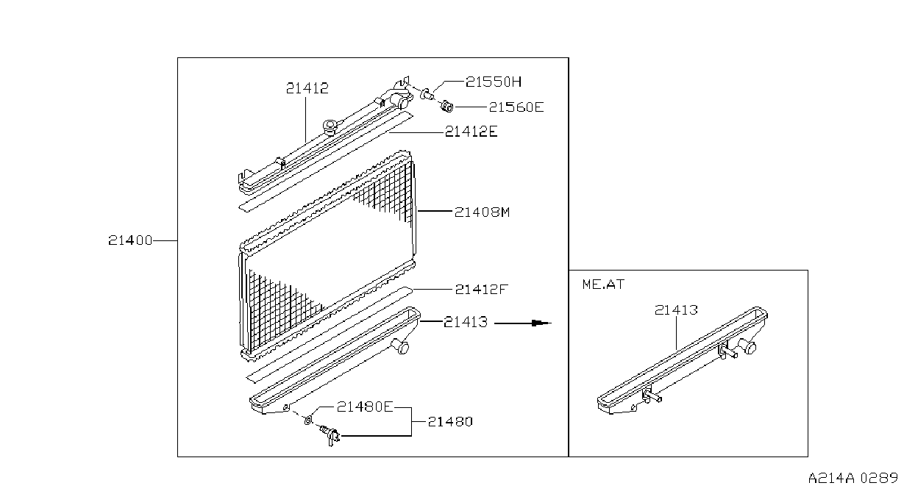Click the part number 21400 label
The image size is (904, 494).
click(130, 240)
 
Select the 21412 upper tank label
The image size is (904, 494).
click(307, 88)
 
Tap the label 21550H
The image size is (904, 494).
click(494, 82)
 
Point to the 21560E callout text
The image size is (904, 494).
click(516, 107)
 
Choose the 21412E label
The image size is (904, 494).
click(471, 132)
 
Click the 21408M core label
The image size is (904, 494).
click(483, 212)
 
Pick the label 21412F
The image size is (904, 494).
click(481, 289)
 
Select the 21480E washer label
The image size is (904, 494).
click(365, 407)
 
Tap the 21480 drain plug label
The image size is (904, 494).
click(450, 422)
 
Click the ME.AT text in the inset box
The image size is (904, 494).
click(603, 284)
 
